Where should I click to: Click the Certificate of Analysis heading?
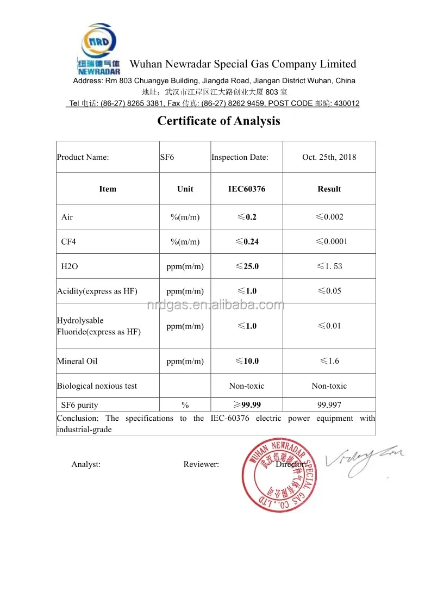click(218, 121)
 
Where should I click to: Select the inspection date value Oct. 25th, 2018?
click(329, 157)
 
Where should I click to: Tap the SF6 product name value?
click(166, 157)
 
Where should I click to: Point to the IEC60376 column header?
click(247, 189)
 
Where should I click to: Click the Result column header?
click(329, 189)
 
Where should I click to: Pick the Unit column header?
click(185, 189)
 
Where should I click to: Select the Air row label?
click(67, 217)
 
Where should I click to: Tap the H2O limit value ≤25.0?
click(247, 266)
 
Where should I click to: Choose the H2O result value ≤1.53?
click(329, 266)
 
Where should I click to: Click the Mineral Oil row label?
click(77, 361)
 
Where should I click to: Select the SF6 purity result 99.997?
click(329, 405)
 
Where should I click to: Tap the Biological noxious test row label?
click(97, 386)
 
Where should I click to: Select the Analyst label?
click(86, 464)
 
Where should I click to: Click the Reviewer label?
click(201, 464)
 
